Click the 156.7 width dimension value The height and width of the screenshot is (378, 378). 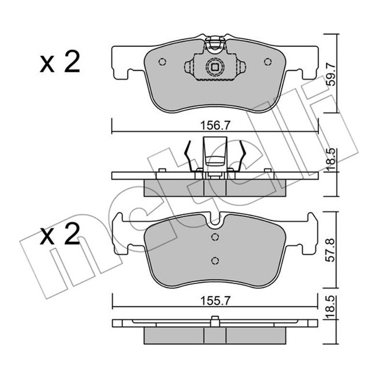[215, 125]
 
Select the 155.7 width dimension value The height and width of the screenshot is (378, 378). [215, 301]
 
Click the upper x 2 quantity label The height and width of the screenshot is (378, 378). [60, 61]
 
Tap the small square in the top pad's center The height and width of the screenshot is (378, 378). [215, 67]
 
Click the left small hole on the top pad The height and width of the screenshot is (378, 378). [162, 61]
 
